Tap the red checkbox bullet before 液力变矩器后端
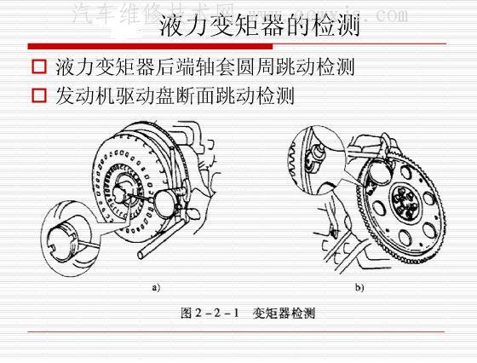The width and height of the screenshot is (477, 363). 37,66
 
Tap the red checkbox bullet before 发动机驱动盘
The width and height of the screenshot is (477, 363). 37,95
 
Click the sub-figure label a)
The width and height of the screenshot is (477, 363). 156,287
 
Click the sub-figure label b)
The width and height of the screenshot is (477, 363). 359,287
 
